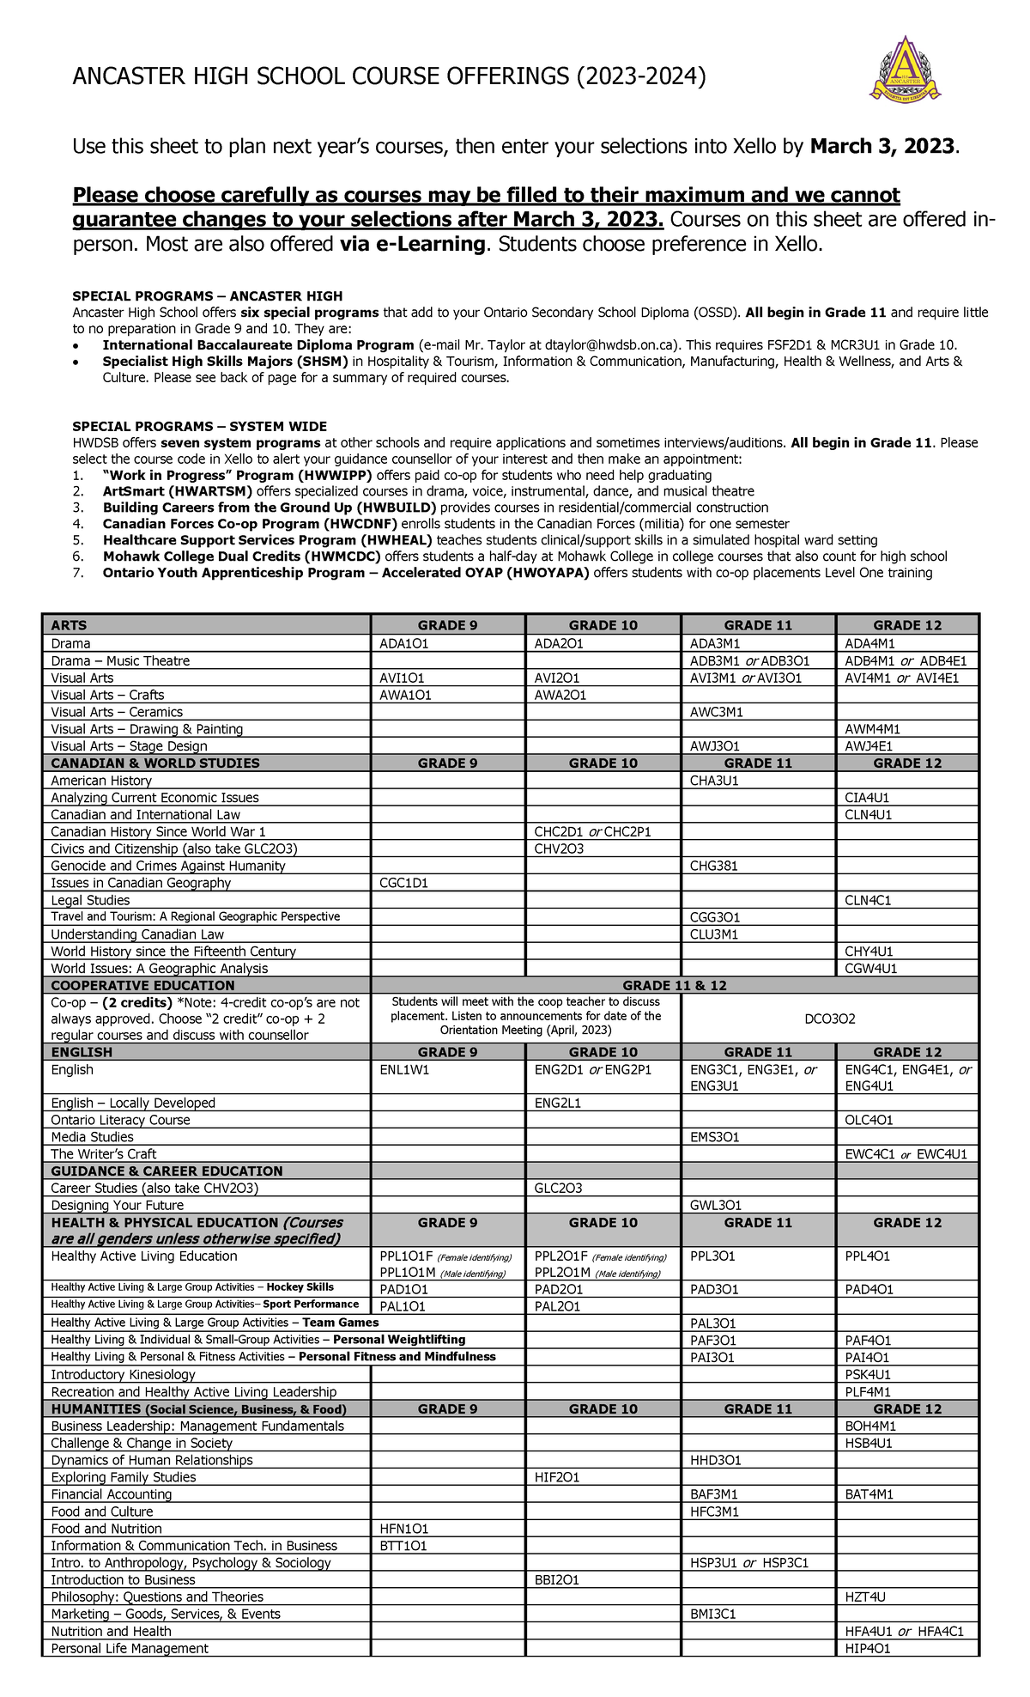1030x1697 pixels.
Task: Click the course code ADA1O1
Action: pos(404,643)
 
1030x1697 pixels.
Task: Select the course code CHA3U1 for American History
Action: pos(714,781)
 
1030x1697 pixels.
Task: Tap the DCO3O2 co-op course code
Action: pos(829,1019)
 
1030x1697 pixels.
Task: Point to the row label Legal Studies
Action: pos(90,900)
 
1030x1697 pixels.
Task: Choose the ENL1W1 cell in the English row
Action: pos(404,1069)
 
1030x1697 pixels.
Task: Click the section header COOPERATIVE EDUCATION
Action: pos(142,985)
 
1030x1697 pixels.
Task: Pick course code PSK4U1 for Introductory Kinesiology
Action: pos(868,1374)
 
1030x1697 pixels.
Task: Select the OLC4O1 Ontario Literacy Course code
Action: pos(869,1120)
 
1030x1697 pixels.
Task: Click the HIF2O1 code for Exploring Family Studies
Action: pos(556,1477)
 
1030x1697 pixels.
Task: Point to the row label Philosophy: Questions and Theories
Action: pos(157,1597)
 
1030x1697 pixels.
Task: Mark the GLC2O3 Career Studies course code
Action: pos(558,1188)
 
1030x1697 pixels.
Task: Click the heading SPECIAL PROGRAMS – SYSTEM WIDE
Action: pos(199,426)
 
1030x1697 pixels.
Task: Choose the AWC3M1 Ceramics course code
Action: pos(716,712)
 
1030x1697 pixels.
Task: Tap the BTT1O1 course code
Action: pos(403,1545)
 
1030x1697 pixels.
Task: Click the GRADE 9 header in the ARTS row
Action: pos(447,625)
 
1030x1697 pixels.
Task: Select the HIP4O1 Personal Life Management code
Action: pos(867,1648)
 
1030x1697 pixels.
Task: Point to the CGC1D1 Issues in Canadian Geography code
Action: pos(403,883)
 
